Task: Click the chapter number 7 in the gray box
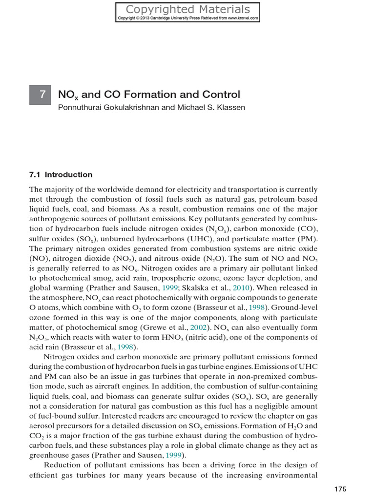43,95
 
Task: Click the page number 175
340,489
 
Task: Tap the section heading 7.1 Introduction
61,174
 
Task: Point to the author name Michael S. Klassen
213,107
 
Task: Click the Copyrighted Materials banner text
188,9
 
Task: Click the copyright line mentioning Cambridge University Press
188,19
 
